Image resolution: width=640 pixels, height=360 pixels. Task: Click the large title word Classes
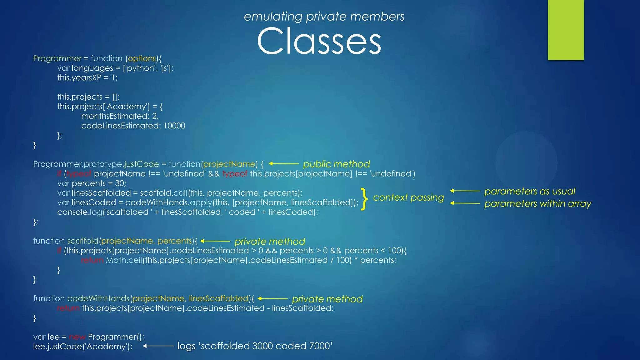tap(319, 41)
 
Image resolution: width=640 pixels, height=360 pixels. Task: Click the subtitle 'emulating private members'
tap(324, 16)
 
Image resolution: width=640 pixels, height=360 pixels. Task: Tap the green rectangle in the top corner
tap(566, 30)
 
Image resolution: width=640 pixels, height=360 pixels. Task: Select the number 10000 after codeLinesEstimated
tap(174, 126)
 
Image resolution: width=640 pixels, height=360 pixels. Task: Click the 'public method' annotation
tap(336, 164)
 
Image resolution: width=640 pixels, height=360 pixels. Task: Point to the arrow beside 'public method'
tap(284, 163)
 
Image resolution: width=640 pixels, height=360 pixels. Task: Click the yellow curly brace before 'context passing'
tap(364, 198)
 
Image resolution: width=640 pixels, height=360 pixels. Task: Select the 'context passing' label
tap(408, 197)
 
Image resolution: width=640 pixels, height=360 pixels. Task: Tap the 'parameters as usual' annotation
tap(530, 191)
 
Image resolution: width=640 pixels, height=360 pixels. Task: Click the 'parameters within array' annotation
tap(537, 204)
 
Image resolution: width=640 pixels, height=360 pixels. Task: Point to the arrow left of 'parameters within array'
tap(465, 203)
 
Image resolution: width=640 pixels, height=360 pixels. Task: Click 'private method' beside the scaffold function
tap(270, 242)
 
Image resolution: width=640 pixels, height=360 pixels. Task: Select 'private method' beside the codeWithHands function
tap(327, 299)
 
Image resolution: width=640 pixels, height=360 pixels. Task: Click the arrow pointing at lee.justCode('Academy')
tap(158, 346)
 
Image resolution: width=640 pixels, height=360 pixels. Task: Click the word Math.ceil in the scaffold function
tap(124, 260)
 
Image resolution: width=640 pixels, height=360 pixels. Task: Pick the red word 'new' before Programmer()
tap(77, 337)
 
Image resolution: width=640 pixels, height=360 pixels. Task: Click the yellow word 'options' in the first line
tap(142, 58)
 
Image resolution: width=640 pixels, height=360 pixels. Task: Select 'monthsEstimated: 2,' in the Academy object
tap(120, 116)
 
